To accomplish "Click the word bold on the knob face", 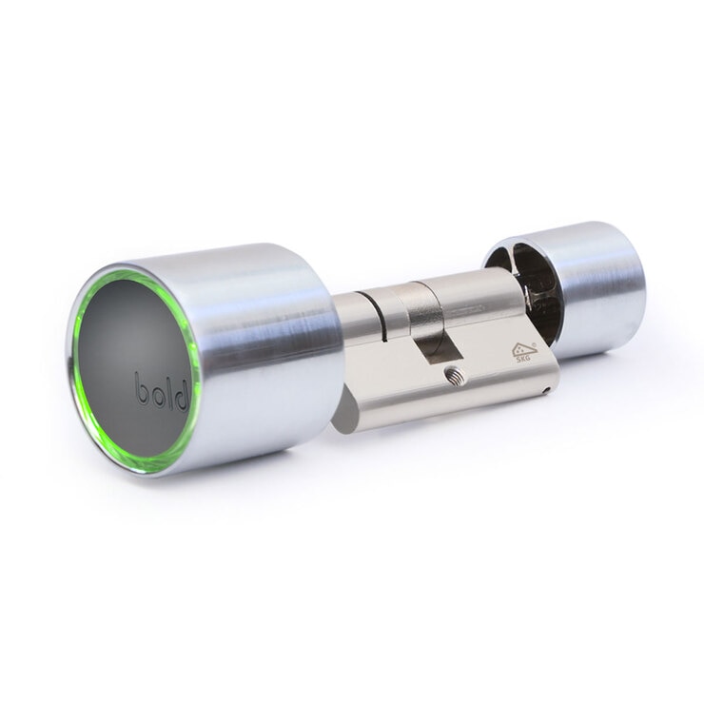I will (x=161, y=389).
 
